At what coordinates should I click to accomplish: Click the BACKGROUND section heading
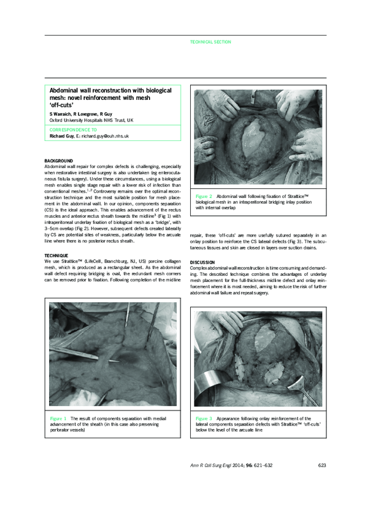59,161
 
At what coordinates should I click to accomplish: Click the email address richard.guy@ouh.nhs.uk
104,135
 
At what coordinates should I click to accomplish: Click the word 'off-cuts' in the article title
63,105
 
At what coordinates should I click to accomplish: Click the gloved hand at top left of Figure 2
212,101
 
